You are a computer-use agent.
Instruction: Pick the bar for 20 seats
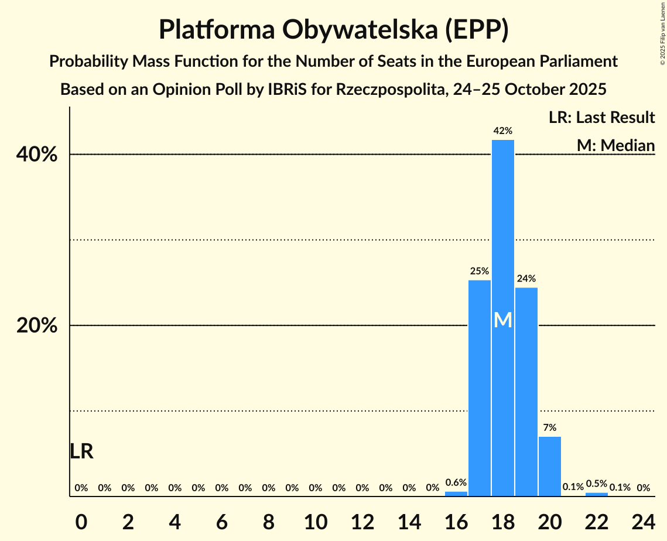click(x=549, y=466)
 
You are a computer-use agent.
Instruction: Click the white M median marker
click(x=502, y=320)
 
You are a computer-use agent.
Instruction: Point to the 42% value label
click(x=502, y=131)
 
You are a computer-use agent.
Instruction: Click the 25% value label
click(x=479, y=271)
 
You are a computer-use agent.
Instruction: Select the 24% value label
click(x=526, y=279)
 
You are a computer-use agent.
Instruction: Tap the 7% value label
click(x=549, y=427)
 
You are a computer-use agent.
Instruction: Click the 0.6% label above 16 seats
click(x=456, y=482)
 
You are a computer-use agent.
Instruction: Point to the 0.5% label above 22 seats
click(x=596, y=484)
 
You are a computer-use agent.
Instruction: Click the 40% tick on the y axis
click(x=37, y=155)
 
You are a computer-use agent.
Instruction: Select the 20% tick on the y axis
click(x=37, y=326)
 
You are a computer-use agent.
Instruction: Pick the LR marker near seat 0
click(x=81, y=451)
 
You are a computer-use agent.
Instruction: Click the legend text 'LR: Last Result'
click(x=601, y=118)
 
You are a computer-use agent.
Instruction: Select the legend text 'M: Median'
click(x=615, y=145)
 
